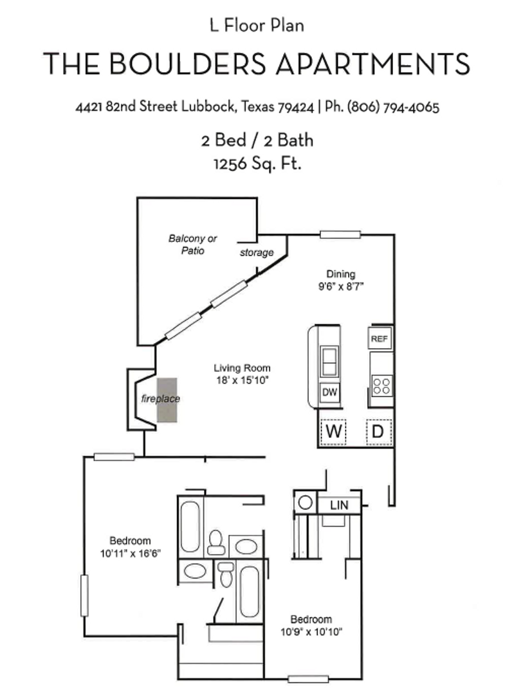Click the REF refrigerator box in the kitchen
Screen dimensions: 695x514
coord(380,338)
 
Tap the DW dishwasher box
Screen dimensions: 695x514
coord(330,392)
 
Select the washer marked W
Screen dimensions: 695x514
coord(333,432)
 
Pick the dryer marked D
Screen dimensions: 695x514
coord(378,432)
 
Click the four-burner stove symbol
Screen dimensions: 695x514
coord(381,385)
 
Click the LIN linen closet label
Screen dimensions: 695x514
coord(339,505)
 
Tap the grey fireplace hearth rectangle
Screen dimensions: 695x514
coord(169,399)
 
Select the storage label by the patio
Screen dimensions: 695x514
coord(257,253)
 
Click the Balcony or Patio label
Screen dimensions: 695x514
coord(193,245)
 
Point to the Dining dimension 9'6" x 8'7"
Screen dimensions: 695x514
coord(341,286)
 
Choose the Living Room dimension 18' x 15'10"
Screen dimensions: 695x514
coord(242,380)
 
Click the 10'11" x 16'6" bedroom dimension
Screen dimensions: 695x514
coord(130,553)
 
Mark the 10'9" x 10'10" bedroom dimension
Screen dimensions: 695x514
coord(311,631)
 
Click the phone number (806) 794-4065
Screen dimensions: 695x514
coord(393,107)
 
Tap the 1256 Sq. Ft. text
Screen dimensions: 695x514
coord(257,164)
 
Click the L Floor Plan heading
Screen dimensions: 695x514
coord(257,26)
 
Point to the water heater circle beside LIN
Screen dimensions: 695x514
coord(306,502)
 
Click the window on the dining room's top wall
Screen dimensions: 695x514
coord(340,234)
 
